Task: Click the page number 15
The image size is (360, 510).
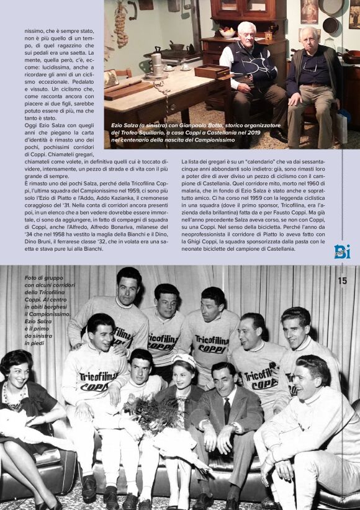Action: [x=342, y=280]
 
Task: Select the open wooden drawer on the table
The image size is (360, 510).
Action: [x=211, y=71]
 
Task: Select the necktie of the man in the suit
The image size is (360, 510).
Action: [x=227, y=410]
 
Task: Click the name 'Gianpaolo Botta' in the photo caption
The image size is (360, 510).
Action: [x=187, y=125]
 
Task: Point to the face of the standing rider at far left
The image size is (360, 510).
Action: [x=129, y=285]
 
